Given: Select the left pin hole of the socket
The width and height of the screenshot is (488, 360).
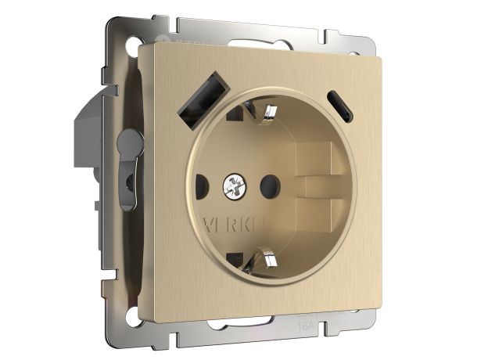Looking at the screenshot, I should pyautogui.click(x=199, y=187).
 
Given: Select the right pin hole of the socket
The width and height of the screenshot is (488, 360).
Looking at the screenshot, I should pyautogui.click(x=269, y=186).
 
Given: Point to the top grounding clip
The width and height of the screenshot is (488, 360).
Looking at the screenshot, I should pyautogui.click(x=269, y=113).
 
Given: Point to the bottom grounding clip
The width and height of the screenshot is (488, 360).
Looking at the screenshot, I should pyautogui.click(x=265, y=258).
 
